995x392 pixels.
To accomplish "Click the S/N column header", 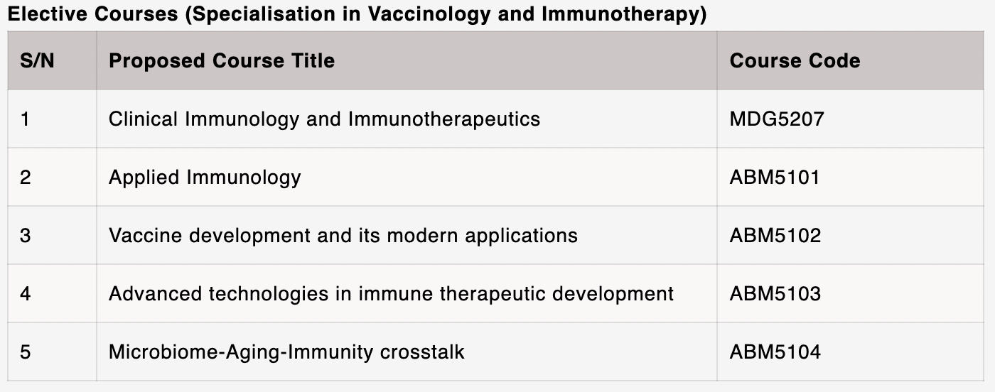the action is click(x=37, y=61).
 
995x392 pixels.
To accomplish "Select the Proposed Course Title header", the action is click(x=222, y=61).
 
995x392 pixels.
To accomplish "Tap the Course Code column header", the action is click(x=795, y=61).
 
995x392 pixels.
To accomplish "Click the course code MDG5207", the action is click(x=777, y=119).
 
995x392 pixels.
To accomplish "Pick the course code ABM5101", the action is click(x=775, y=177).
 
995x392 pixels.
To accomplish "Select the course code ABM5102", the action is click(x=775, y=235).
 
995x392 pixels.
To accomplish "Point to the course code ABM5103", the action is click(x=775, y=293).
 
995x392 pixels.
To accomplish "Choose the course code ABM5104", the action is click(x=775, y=352).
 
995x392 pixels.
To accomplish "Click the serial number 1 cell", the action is click(x=26, y=119).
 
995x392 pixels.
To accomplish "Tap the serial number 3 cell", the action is click(x=26, y=235).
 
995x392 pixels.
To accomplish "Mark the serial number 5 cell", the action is click(x=26, y=352).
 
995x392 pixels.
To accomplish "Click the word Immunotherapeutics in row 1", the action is click(x=443, y=119).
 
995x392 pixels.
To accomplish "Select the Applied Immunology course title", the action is click(x=205, y=178).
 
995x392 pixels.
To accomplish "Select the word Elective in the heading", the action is click(x=48, y=13).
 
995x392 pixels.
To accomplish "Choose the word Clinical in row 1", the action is click(x=143, y=119).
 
